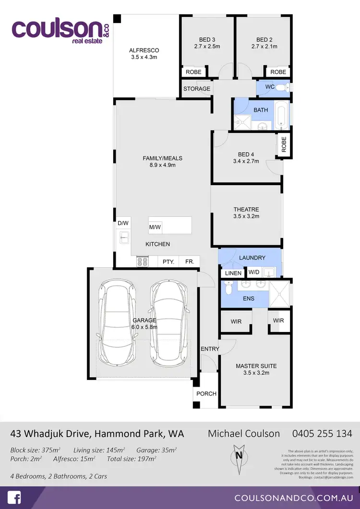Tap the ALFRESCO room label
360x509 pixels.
(144, 53)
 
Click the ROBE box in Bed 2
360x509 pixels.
(278, 72)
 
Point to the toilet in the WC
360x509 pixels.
(287, 87)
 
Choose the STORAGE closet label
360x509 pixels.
(197, 89)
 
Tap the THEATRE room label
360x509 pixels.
(246, 213)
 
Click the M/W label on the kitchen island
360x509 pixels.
(155, 227)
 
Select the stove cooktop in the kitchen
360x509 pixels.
(143, 261)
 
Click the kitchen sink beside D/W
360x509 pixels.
(124, 236)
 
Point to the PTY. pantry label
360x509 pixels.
(168, 262)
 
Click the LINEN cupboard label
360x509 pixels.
(233, 273)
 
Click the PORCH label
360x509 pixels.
(206, 393)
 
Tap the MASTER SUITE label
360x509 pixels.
(256, 369)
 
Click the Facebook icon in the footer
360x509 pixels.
(15, 497)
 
